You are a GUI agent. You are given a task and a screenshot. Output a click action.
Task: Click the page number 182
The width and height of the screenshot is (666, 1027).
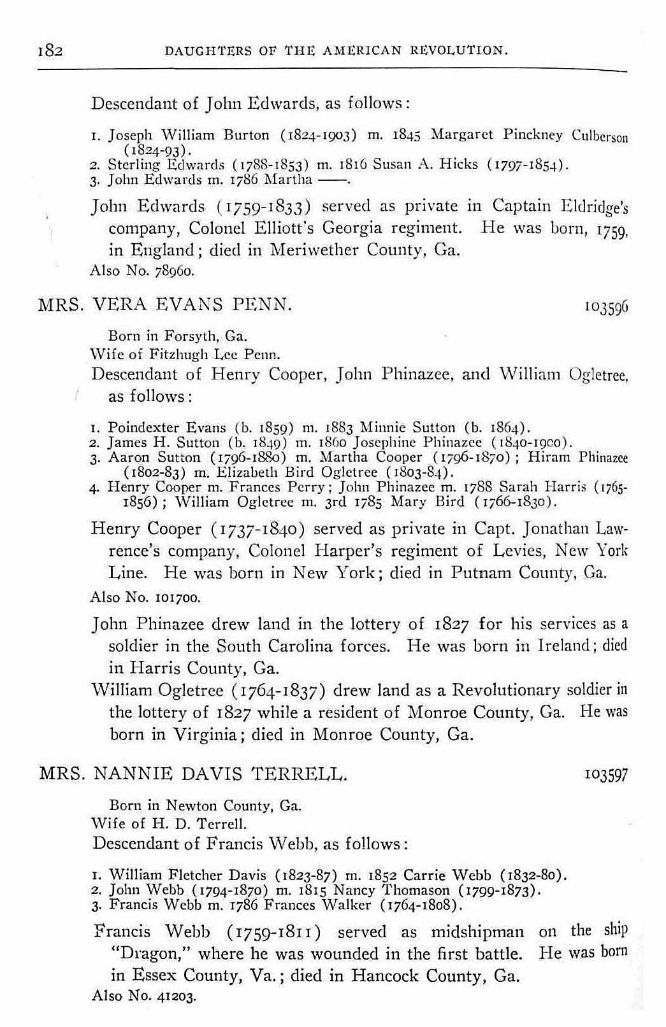pyautogui.click(x=49, y=50)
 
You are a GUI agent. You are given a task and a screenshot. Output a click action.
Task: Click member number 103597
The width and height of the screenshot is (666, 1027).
pyautogui.click(x=606, y=776)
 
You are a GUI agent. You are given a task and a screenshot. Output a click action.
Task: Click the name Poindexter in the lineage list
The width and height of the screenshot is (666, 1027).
pyautogui.click(x=138, y=427)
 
